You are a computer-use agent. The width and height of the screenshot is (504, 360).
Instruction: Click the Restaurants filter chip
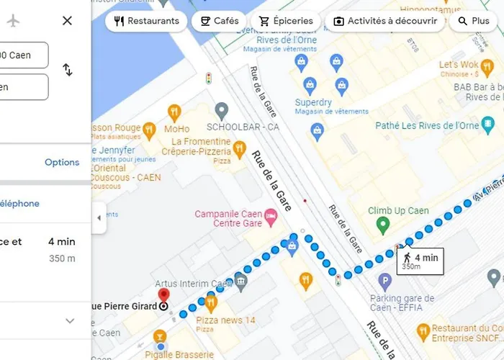tap(146, 22)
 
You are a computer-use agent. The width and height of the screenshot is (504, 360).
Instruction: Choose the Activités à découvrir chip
tap(385, 22)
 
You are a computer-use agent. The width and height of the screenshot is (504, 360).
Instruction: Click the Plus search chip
tap(473, 22)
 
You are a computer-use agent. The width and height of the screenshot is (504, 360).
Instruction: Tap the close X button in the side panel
tap(67, 21)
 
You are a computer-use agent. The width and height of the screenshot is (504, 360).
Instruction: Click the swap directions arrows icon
tap(67, 70)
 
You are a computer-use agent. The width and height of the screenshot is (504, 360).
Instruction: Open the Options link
tap(62, 162)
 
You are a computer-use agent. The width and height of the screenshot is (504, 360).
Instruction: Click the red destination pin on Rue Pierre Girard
tap(163, 295)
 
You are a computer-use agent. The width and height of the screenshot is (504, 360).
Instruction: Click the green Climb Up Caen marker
tap(384, 226)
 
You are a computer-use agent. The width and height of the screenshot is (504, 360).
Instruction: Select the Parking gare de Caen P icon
tap(385, 280)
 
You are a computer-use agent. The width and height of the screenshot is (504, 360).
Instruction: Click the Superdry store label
tap(313, 103)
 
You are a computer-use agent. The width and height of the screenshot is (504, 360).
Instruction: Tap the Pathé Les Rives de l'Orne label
tap(438, 126)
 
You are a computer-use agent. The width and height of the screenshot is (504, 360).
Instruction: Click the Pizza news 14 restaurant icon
tap(211, 301)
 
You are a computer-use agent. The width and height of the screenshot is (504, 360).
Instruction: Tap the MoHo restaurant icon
tap(174, 112)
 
